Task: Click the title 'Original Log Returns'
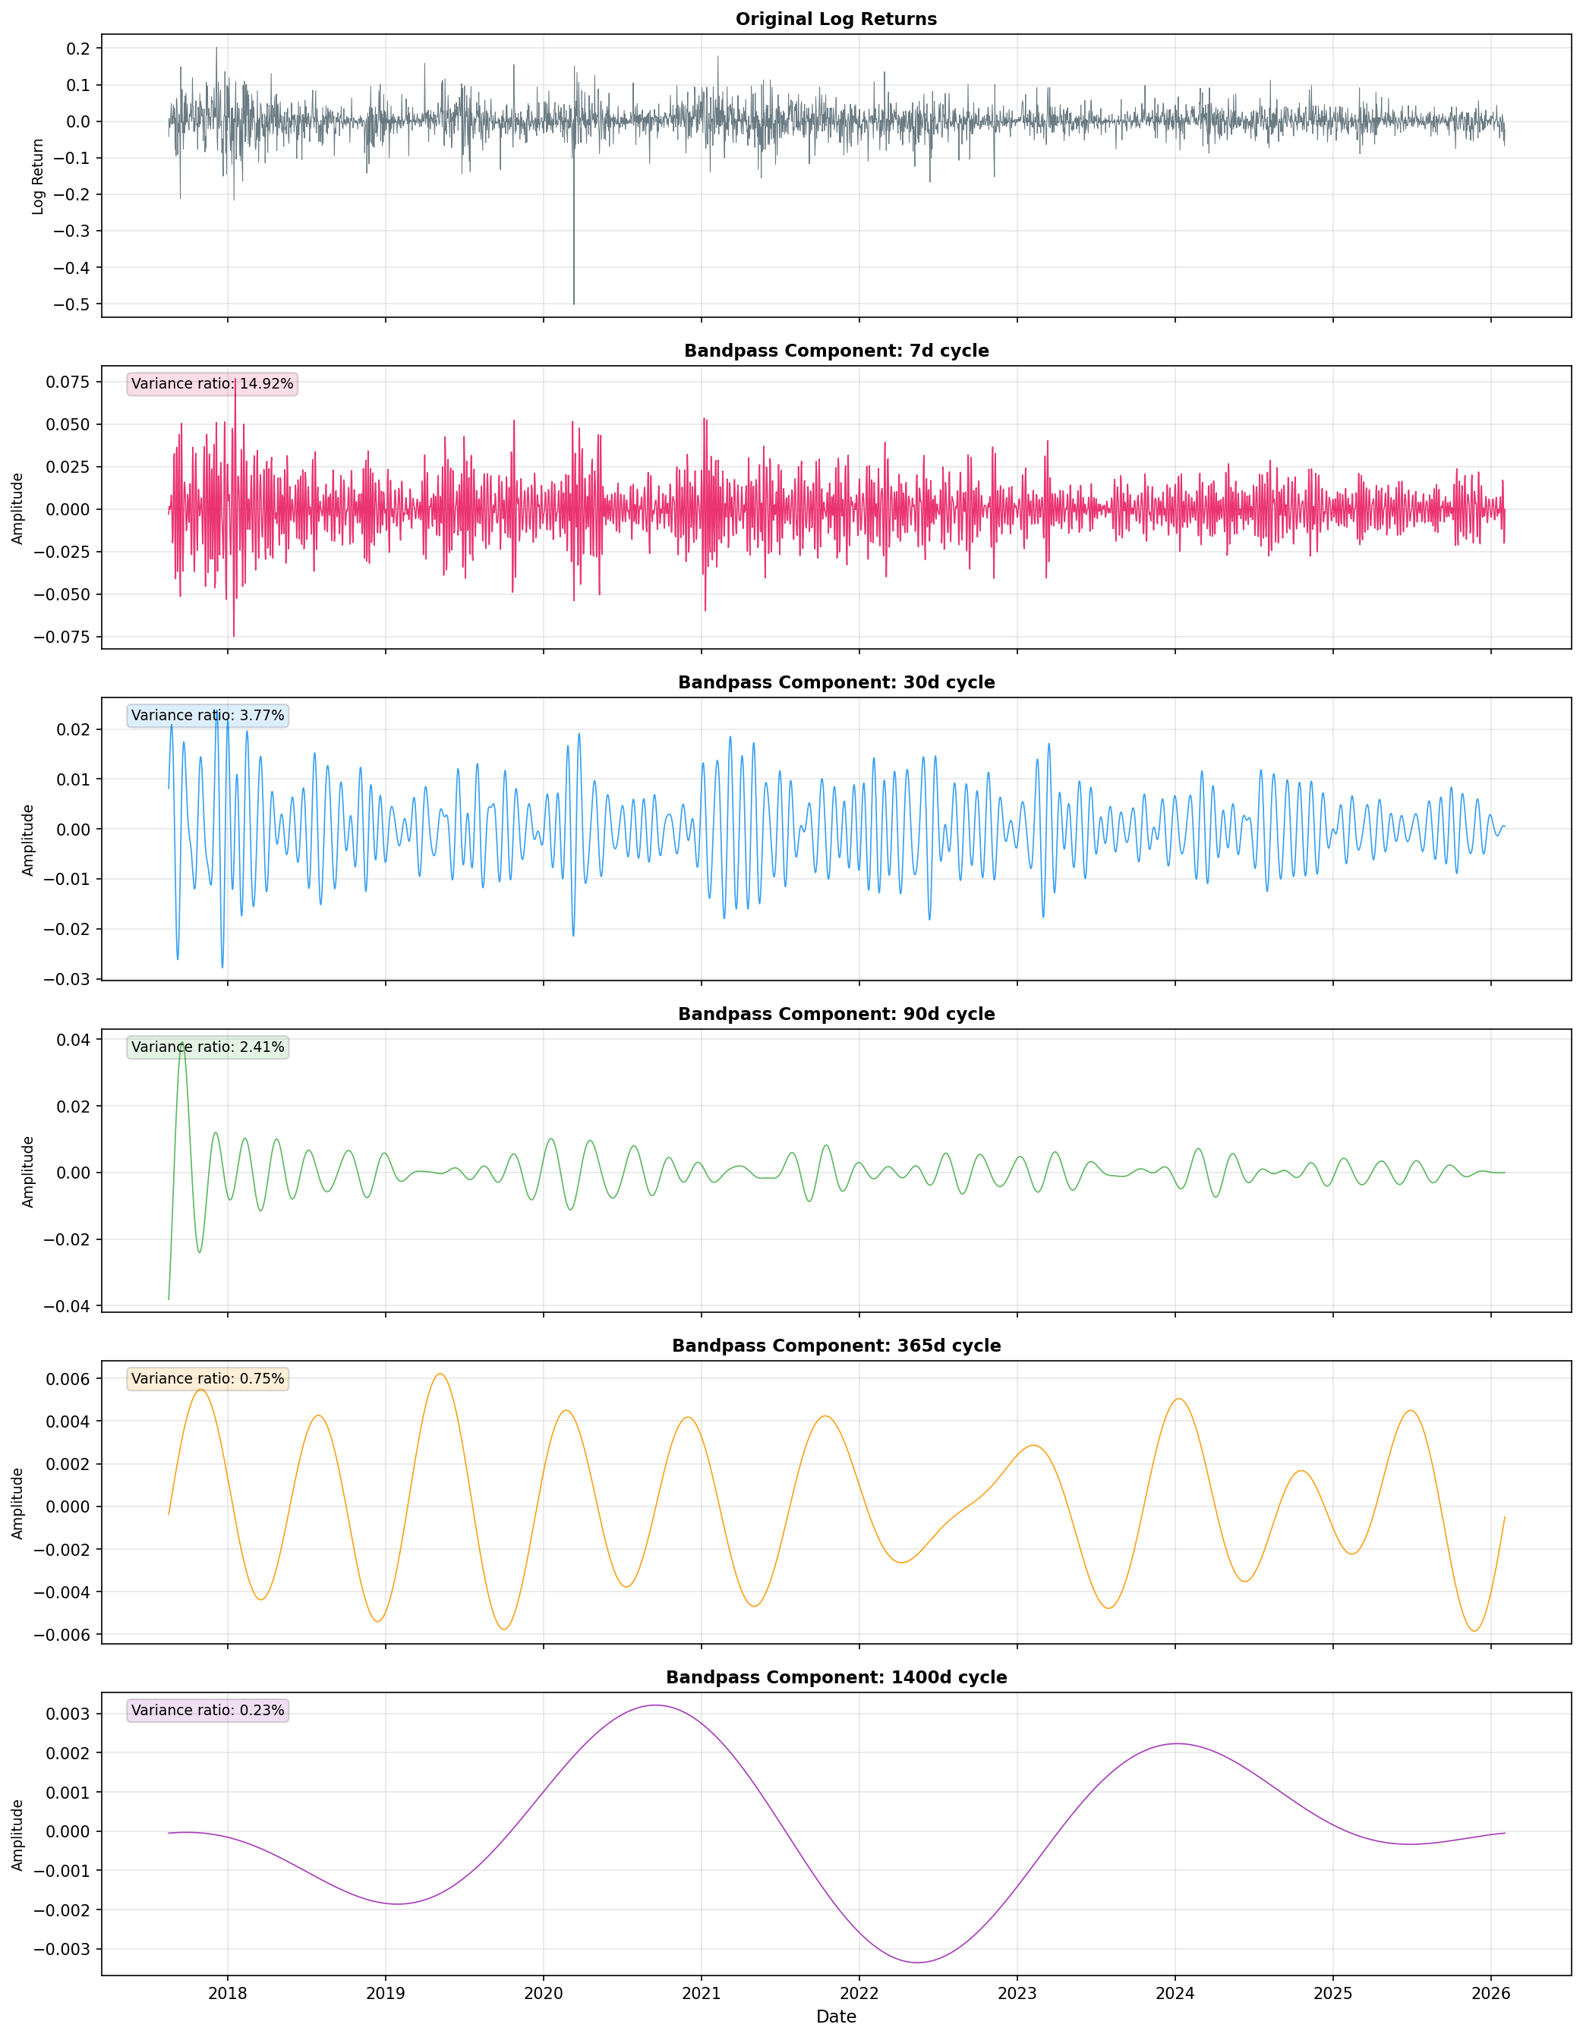(836, 20)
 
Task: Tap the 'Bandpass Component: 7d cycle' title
(836, 351)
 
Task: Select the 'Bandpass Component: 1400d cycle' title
(836, 1678)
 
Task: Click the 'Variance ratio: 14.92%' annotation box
(212, 384)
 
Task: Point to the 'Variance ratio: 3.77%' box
(207, 716)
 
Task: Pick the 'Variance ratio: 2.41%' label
(207, 1047)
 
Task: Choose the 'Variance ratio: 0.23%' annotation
(207, 1711)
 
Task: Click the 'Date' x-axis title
(836, 2017)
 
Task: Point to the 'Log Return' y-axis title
(38, 176)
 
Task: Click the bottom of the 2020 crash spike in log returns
(574, 303)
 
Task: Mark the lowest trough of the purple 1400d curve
(918, 1963)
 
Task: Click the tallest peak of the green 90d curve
(183, 1046)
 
